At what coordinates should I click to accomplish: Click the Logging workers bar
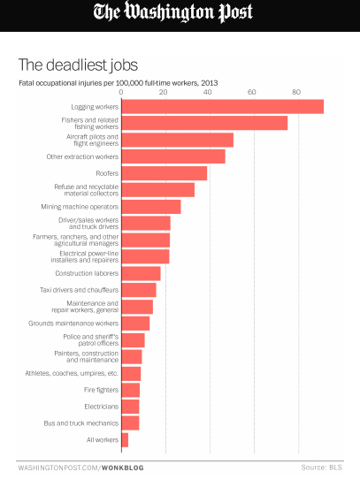223,107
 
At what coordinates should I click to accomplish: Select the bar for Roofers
165,173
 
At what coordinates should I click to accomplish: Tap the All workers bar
125,440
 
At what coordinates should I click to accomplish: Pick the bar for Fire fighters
131,390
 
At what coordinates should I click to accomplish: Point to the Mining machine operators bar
151,207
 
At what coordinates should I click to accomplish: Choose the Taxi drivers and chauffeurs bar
139,290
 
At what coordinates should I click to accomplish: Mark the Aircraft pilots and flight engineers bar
178,140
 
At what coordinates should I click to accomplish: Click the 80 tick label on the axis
296,92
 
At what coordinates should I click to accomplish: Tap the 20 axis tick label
164,92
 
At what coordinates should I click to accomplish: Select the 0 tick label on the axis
121,92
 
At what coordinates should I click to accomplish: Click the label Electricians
102,407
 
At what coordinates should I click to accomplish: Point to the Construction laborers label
87,273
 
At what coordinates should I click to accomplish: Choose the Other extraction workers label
82,156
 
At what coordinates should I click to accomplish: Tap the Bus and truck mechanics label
81,423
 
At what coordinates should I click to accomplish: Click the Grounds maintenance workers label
73,324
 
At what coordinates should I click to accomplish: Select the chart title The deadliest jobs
79,65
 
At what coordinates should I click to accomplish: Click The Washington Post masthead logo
173,12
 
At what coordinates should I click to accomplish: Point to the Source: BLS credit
321,468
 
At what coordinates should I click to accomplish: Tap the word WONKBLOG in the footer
123,468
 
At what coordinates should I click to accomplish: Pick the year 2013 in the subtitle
210,83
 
